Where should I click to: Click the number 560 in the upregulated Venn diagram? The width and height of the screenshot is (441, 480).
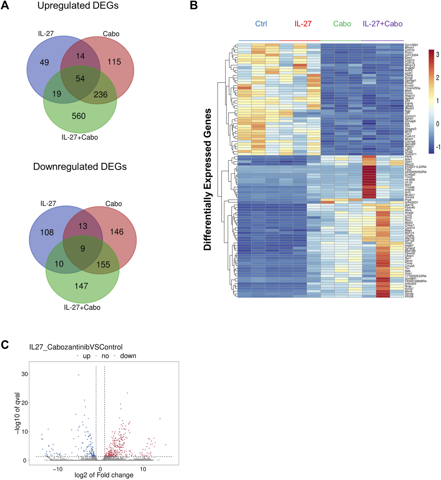pos(79,116)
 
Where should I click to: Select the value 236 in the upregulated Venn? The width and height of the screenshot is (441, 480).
pos(101,95)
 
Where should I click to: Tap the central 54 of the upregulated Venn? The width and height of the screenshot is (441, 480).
pos(80,79)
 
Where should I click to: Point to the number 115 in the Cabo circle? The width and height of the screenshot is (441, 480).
pos(114,62)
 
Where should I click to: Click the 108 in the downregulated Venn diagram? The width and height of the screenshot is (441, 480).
pos(47,232)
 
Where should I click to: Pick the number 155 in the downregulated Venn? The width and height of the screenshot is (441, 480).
pos(103,265)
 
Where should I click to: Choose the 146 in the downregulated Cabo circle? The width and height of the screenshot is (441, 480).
pos(117,232)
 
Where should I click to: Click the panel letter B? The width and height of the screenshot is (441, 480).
pos(194,5)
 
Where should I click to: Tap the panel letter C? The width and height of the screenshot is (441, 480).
pos(5,345)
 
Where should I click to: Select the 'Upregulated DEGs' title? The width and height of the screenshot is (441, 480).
pos(78,6)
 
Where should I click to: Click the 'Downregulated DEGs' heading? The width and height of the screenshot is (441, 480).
pos(80,167)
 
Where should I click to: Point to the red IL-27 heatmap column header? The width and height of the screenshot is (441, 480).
pos(303,24)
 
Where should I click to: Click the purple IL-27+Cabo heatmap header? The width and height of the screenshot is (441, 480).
pos(383,24)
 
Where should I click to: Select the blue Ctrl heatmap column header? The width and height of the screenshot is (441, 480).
pos(261,24)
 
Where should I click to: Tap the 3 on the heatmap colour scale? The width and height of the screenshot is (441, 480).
pos(438,54)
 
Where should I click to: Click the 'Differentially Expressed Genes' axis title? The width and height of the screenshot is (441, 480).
pos(208,179)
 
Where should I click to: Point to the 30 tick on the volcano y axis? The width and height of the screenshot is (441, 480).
pos(25,374)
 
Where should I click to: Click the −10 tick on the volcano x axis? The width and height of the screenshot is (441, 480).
pos(58,469)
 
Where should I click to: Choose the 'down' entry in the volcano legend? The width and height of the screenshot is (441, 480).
pos(128,356)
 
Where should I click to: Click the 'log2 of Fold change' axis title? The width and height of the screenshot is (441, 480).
pos(104,475)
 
